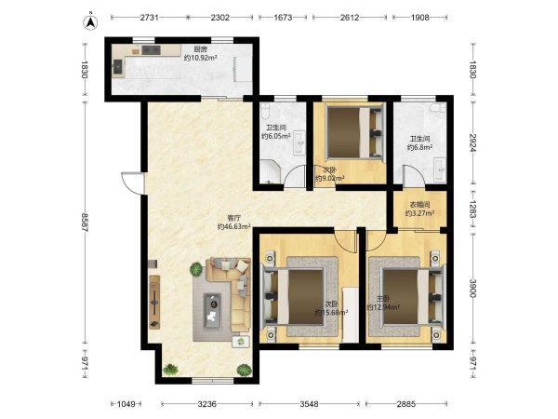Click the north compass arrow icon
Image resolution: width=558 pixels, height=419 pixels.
(x=90, y=22)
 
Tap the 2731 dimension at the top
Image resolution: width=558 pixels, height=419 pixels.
(x=149, y=17)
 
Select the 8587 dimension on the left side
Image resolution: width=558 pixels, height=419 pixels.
(x=85, y=223)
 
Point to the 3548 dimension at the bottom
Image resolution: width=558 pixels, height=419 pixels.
(x=309, y=404)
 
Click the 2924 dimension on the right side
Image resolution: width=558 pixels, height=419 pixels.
(x=472, y=142)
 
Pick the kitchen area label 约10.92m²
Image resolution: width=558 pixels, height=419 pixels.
(x=200, y=58)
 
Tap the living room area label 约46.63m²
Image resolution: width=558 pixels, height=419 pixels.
(x=233, y=226)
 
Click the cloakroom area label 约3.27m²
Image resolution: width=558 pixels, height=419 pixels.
(x=419, y=213)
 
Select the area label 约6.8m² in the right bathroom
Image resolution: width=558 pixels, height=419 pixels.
(x=420, y=147)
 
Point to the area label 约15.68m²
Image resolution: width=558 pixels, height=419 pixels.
(x=331, y=313)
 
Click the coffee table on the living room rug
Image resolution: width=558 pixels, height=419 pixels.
(x=212, y=312)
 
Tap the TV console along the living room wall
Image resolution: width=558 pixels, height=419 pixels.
(x=154, y=302)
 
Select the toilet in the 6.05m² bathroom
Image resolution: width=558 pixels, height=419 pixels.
(x=265, y=111)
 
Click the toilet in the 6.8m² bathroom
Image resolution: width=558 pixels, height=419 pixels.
(x=438, y=108)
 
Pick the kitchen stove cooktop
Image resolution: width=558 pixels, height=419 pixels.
(x=152, y=50)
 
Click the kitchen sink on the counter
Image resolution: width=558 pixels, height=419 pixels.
(x=117, y=67)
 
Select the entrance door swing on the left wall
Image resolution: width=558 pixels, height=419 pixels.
(x=132, y=183)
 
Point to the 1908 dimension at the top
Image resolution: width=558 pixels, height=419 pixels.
(x=420, y=17)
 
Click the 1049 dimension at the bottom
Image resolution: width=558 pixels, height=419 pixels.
(x=126, y=404)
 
